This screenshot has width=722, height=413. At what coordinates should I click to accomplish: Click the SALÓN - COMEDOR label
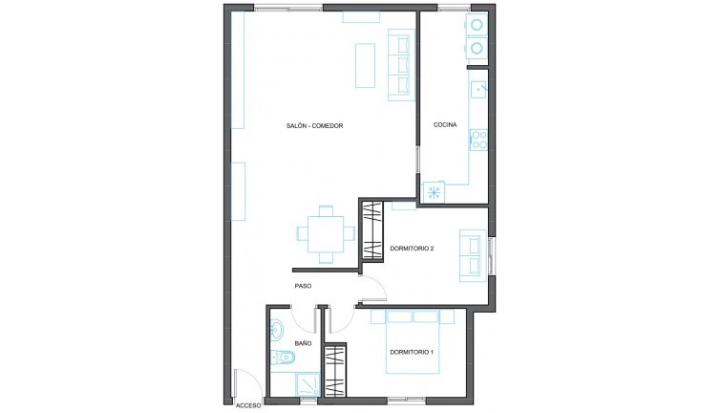click(314, 126)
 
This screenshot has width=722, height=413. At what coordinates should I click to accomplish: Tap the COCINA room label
click(445, 124)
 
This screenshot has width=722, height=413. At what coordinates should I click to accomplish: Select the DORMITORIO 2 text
click(413, 249)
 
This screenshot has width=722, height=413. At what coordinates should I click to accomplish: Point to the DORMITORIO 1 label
click(413, 352)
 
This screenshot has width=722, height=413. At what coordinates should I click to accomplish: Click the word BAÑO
click(303, 343)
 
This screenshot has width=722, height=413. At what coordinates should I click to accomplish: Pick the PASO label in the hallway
click(303, 286)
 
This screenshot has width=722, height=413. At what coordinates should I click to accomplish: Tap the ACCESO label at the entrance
click(248, 406)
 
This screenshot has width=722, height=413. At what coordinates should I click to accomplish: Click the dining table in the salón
click(326, 234)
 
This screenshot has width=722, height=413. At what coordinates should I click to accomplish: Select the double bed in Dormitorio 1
click(413, 341)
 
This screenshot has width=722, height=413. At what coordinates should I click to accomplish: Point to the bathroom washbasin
click(278, 330)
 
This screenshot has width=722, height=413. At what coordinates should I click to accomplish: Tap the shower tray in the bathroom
click(307, 384)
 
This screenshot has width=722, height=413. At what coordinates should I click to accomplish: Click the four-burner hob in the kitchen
click(478, 140)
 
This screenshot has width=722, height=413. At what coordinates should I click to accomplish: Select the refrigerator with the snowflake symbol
click(434, 192)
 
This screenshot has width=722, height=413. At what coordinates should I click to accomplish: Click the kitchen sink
click(478, 90)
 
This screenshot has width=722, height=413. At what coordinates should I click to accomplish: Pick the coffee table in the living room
click(365, 65)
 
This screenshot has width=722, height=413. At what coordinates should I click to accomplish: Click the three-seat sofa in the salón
click(401, 65)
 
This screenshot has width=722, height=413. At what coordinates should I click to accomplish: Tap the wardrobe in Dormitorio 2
click(373, 230)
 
